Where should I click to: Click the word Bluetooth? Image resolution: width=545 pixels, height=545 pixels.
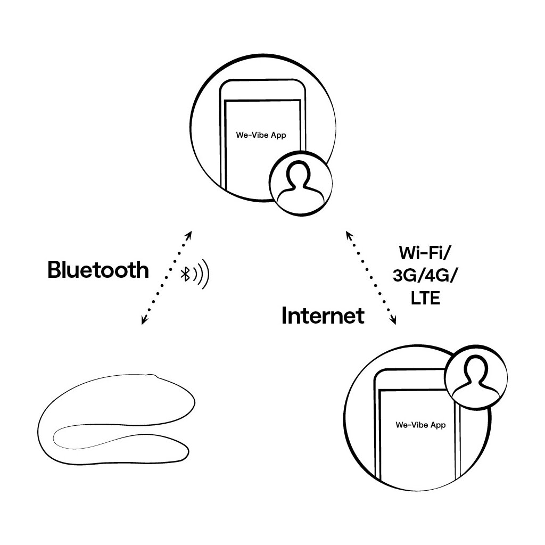pyautogui.click(x=98, y=270)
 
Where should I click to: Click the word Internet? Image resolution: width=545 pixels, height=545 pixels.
pyautogui.click(x=323, y=316)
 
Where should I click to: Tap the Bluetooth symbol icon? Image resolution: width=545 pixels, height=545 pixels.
pyautogui.click(x=186, y=274)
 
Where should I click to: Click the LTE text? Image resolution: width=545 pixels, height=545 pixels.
pyautogui.click(x=425, y=299)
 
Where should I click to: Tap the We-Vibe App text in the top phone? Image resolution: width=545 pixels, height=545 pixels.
pyautogui.click(x=261, y=135)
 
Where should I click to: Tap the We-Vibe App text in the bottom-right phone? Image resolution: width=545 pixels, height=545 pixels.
pyautogui.click(x=420, y=425)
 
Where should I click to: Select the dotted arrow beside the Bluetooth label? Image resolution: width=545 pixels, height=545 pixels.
pyautogui.click(x=166, y=277)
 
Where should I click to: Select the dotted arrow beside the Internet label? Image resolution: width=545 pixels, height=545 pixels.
pyautogui.click(x=371, y=277)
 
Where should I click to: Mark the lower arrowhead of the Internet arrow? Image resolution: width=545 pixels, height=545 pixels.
pyautogui.click(x=394, y=321)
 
